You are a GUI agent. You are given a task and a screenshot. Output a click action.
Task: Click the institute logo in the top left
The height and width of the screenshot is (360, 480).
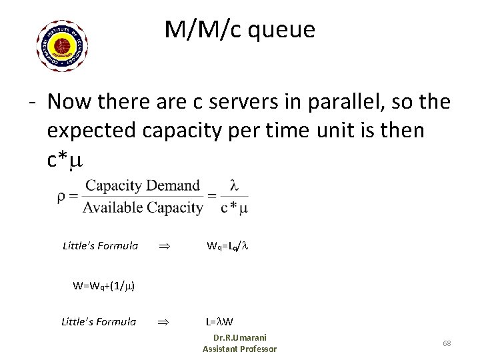pyautogui.click(x=62, y=46)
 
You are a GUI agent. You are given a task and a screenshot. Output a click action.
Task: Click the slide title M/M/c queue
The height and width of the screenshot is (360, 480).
pyautogui.click(x=240, y=29)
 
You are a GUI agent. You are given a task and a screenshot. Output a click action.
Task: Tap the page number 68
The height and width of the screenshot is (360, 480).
pyautogui.click(x=447, y=343)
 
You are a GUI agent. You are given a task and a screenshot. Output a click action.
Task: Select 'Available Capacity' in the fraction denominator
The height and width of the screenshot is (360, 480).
pyautogui.click(x=143, y=208)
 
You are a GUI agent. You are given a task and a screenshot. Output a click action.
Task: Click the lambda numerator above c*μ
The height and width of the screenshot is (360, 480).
pyautogui.click(x=234, y=186)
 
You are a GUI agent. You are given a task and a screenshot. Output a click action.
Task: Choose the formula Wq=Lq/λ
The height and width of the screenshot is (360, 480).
pyautogui.click(x=227, y=246)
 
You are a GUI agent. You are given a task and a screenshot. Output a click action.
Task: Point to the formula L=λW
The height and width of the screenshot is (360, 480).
pyautogui.click(x=221, y=323)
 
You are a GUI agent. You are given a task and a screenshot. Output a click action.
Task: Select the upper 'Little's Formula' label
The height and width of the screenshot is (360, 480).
pyautogui.click(x=100, y=245)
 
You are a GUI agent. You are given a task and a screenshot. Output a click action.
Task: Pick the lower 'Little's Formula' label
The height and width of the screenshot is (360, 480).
pyautogui.click(x=99, y=322)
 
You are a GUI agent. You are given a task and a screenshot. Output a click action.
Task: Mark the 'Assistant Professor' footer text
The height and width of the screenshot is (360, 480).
pyautogui.click(x=239, y=349)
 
